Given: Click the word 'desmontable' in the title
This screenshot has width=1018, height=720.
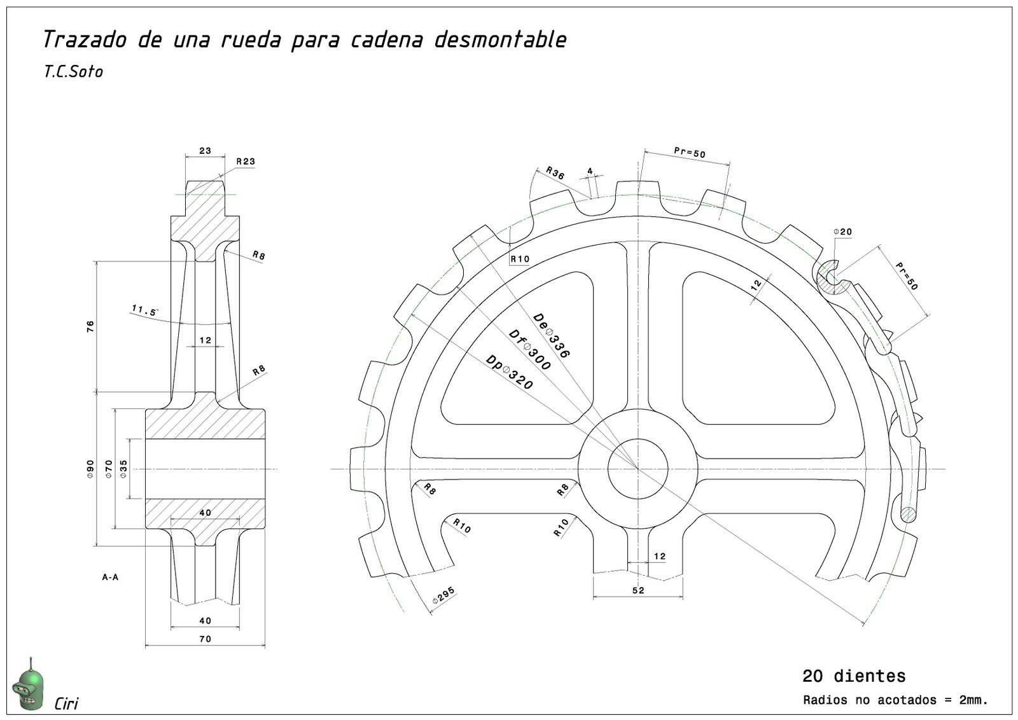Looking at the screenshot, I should point(500,39).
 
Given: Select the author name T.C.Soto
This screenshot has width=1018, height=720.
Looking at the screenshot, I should point(73,71).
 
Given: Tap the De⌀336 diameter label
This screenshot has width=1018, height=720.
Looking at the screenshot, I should point(551,335).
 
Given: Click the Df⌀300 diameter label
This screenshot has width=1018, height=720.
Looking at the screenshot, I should point(529,350).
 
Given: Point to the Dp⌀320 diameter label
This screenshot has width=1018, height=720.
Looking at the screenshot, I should point(509,372).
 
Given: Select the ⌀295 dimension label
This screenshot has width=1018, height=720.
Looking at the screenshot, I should point(443,596).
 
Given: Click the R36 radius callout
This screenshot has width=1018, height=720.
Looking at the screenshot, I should point(555,173).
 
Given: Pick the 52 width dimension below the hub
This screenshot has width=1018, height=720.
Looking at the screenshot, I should point(638,590).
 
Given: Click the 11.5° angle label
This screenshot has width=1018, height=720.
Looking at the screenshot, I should point(144,310).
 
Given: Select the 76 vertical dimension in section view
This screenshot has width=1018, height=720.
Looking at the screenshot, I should point(90,326).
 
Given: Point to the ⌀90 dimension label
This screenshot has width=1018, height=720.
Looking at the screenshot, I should point(90,469).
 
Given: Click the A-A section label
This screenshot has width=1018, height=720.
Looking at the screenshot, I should point(110,578).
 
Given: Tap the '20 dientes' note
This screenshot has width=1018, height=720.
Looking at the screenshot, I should point(853,675).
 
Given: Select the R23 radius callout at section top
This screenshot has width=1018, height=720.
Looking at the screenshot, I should point(245,161).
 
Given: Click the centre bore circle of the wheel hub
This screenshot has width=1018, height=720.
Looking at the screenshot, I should point(638,469).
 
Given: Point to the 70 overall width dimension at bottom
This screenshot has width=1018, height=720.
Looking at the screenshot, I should point(205,639).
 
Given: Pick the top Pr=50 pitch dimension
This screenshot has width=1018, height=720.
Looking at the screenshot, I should point(690,153).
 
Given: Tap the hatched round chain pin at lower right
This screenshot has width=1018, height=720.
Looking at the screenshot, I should point(909,513).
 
